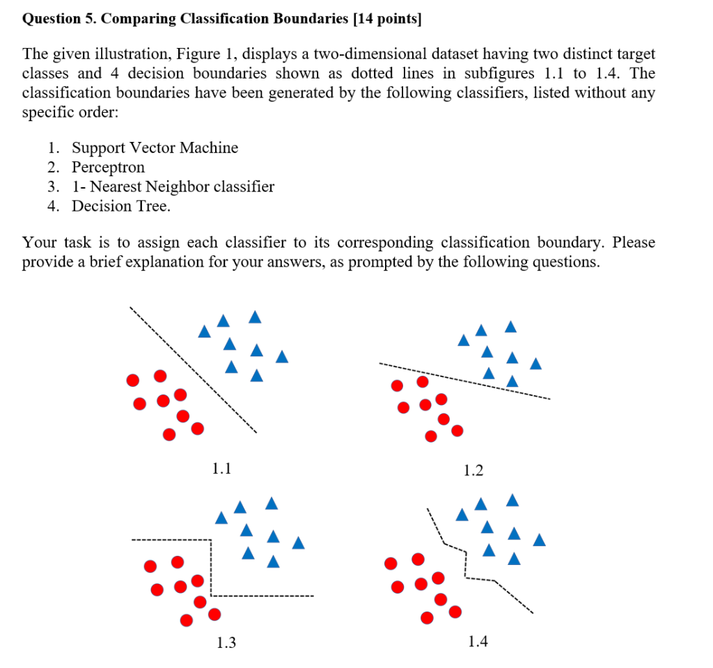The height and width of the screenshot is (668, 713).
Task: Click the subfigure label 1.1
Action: [x=221, y=468]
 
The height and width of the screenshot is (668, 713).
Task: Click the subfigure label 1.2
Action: [x=473, y=471]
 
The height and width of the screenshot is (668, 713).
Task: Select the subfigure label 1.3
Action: [x=226, y=643]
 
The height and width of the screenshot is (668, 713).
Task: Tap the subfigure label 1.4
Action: [x=478, y=641]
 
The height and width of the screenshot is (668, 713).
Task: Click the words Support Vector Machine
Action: [x=155, y=148]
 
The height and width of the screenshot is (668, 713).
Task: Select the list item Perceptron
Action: [x=108, y=167]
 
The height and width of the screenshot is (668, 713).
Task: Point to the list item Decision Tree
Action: [x=120, y=206]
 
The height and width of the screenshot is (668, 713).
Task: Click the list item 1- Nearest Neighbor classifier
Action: [x=173, y=186]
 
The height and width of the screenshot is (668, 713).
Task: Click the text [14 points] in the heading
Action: [x=387, y=19]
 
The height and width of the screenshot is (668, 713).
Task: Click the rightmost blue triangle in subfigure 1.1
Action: [x=281, y=357]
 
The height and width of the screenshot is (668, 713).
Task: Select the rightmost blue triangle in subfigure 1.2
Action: [x=535, y=363]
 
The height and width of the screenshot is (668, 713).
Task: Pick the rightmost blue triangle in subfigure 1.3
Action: [x=298, y=543]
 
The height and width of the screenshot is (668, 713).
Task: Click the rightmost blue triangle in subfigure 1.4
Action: [x=539, y=539]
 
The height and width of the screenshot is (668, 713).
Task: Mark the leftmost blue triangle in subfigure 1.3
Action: [x=221, y=518]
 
